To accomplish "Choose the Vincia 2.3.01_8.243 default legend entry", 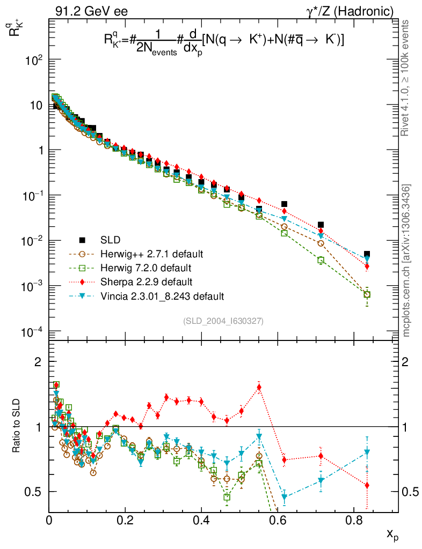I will pos(162,295).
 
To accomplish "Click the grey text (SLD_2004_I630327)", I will pos(223,321).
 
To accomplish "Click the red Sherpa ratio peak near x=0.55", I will pos(259,387).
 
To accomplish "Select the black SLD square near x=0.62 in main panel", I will pos(284,204).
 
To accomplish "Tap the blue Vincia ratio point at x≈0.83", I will pos(367,452).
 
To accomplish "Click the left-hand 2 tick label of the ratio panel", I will pos(38,362).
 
